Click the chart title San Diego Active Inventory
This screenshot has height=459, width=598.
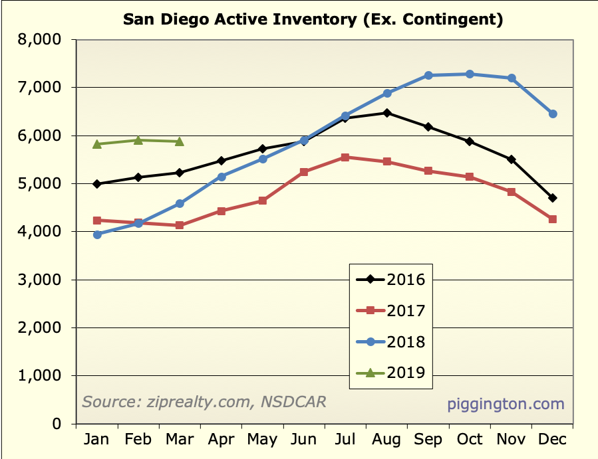313,19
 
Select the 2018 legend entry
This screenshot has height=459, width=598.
390,342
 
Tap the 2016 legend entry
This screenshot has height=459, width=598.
390,279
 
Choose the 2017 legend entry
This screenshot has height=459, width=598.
390,310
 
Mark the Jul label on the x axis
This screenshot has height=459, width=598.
345,440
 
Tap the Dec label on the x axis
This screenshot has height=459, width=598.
552,440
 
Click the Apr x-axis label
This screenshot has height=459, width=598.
221,440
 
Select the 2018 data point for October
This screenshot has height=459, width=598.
470,74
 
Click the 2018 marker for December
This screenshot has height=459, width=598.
553,114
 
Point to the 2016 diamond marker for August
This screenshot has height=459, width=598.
386,113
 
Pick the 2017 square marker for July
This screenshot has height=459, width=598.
345,157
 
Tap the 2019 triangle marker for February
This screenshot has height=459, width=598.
138,140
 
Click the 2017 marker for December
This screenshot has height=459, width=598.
553,219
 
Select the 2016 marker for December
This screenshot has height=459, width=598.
553,198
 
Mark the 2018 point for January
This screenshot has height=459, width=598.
97,234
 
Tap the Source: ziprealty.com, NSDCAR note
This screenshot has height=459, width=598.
204,402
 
